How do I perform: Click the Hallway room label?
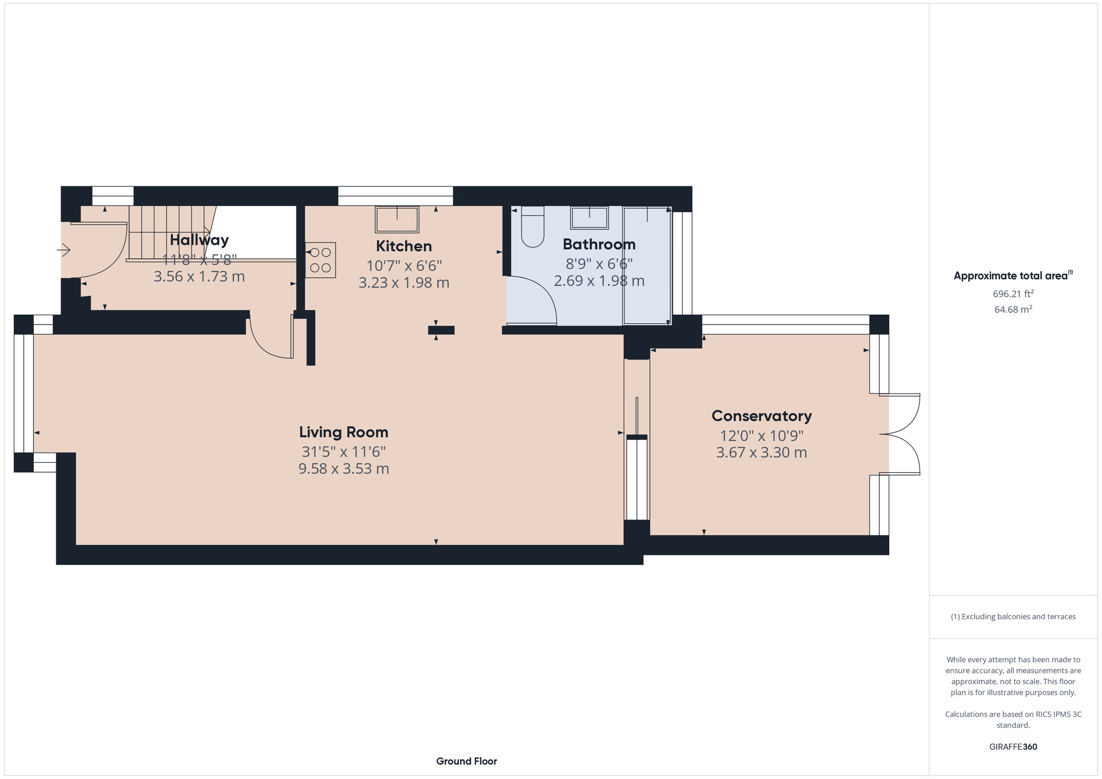click(199, 240)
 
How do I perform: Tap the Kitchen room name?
click(404, 246)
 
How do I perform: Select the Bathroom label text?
click(599, 244)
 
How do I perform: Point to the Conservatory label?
click(761, 416)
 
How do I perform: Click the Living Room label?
click(343, 432)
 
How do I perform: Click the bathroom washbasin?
click(589, 218)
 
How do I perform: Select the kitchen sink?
click(397, 219)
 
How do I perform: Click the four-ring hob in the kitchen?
click(320, 260)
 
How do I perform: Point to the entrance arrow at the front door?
click(64, 251)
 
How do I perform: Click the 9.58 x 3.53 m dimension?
click(343, 469)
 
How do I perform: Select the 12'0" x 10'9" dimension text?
click(761, 436)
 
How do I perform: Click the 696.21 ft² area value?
click(1013, 294)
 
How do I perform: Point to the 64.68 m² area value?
click(1013, 310)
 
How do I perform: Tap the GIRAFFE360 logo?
click(1013, 747)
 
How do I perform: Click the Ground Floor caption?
click(466, 761)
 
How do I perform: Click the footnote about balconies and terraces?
click(1013, 616)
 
